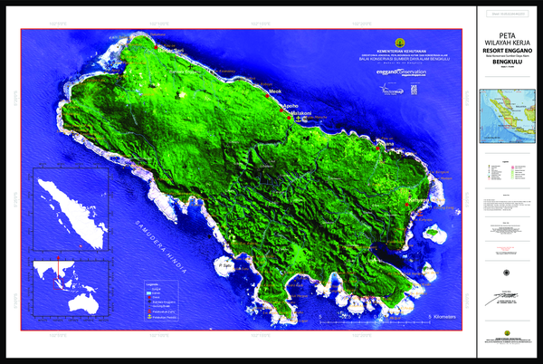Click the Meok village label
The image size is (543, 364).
click(x=276, y=91)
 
